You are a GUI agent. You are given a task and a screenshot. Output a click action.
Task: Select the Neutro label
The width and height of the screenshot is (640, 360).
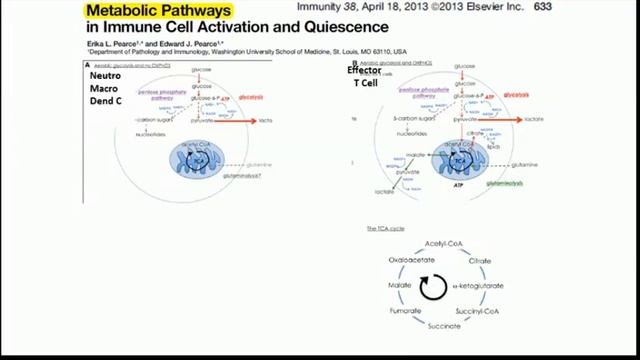105,76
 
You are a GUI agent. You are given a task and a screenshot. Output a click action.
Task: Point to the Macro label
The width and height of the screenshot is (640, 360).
105,88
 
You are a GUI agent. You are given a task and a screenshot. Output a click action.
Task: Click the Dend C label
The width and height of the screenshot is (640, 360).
105,101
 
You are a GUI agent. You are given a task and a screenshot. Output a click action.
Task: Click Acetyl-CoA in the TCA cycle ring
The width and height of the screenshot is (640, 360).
446,244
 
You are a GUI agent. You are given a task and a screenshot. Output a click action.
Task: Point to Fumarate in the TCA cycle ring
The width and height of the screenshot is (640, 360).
407,311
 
